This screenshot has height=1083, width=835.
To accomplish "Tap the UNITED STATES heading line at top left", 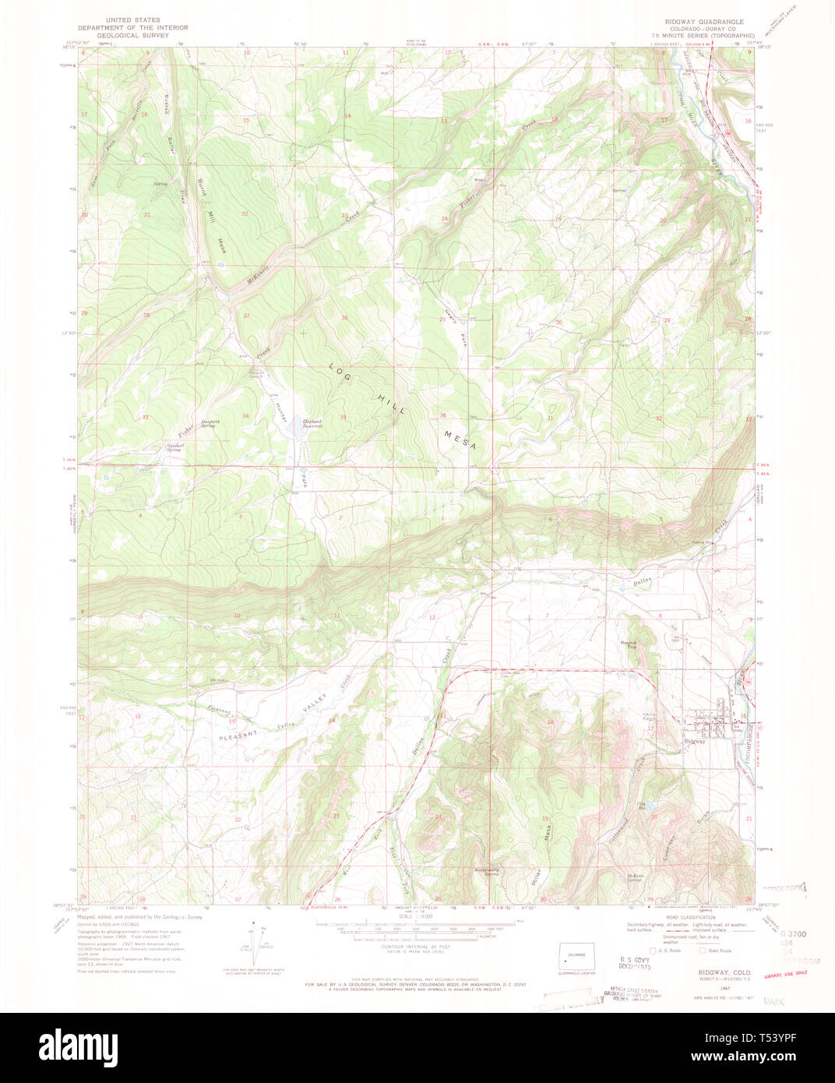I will tap(133, 20).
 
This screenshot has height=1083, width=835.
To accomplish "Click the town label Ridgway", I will tap(694, 741).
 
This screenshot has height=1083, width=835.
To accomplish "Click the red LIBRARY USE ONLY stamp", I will tap(785, 973).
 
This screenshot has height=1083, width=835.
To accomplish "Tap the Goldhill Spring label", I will tap(174, 448).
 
